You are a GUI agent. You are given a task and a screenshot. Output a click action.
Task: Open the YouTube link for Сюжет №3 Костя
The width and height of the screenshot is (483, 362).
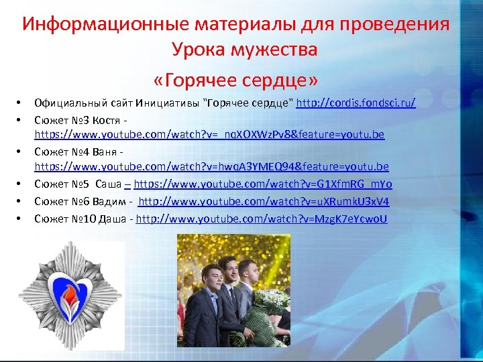click(x=209, y=135)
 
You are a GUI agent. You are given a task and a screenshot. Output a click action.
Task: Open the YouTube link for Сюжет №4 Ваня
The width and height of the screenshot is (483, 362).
click(x=211, y=166)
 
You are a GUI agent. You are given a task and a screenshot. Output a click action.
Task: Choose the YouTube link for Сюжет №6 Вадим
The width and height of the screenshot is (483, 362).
click(x=264, y=201)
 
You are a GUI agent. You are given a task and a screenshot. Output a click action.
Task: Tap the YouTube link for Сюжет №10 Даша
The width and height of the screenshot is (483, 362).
click(x=262, y=219)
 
